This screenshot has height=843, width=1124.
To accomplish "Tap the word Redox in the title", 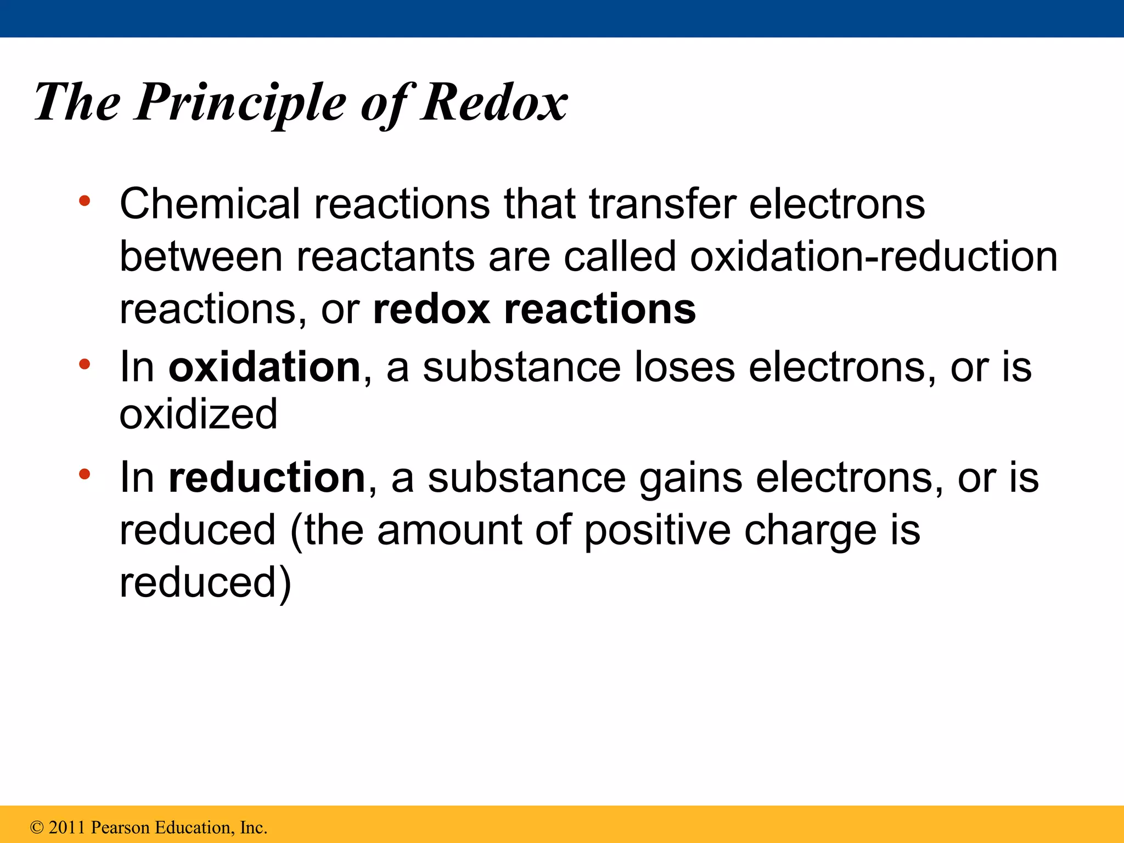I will [494, 103].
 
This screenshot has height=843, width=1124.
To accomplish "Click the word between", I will [201, 256].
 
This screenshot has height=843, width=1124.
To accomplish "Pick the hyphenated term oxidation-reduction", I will [873, 256].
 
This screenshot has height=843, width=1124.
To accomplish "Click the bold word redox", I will [431, 309].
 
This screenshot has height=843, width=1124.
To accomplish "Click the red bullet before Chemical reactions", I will [84, 201].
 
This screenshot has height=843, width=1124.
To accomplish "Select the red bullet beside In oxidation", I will [84, 364].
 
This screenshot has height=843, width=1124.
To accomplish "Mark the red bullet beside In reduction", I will [84, 474].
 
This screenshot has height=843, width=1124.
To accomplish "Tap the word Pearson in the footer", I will [120, 827].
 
